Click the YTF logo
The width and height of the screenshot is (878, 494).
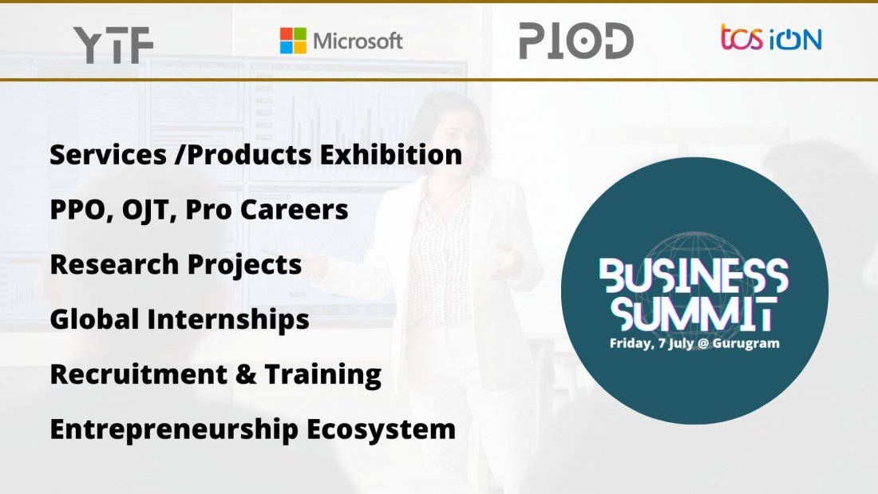click(113, 45)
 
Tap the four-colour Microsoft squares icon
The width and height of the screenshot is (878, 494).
click(293, 41)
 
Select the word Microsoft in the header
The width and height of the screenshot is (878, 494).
click(358, 41)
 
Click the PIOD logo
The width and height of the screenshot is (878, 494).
click(575, 41)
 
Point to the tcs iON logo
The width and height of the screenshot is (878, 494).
click(771, 38)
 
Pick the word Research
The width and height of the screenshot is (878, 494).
click(109, 265)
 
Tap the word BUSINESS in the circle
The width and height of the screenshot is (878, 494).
click(694, 276)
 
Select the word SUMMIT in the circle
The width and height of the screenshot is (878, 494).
click(694, 315)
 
